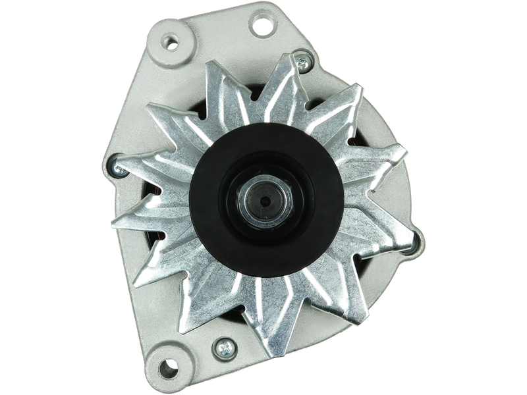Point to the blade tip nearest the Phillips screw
tap(211, 329)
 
